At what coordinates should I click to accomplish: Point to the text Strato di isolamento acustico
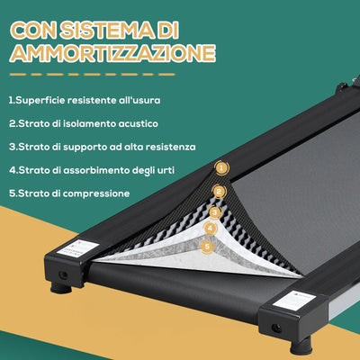pos(71,123)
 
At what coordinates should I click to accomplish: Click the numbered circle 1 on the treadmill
pos(220,167)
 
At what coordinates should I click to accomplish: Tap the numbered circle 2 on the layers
pos(217,191)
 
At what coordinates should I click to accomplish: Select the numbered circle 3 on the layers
pos(214,212)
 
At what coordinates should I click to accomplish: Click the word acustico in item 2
pos(112,123)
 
